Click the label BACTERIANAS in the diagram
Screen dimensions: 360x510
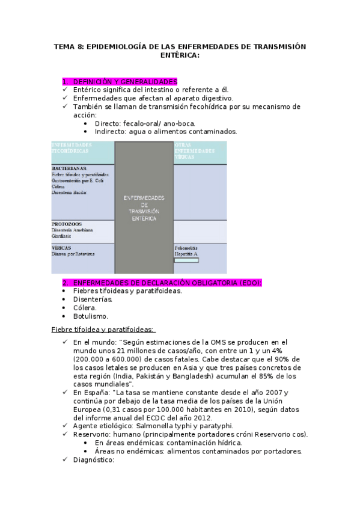(x=70, y=168)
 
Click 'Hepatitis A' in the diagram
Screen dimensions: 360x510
(x=186, y=254)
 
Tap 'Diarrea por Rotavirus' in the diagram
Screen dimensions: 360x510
(x=73, y=254)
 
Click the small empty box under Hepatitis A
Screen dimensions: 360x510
(x=190, y=260)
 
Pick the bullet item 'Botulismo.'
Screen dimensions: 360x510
(x=91, y=316)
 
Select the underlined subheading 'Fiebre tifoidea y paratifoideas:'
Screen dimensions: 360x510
(x=103, y=329)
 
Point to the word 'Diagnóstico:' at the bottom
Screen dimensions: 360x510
(x=93, y=460)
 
